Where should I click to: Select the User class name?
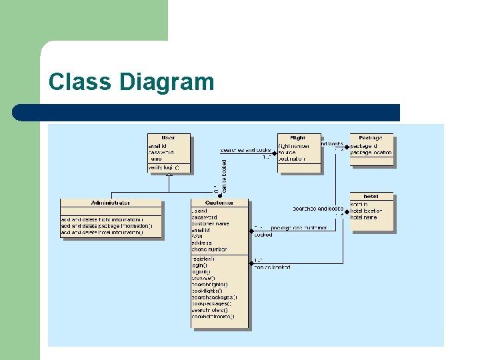[x=168, y=138]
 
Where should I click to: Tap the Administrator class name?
[x=111, y=203]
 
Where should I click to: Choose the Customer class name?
[x=219, y=203]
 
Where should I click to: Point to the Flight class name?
[x=298, y=138]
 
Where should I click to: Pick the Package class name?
[x=371, y=138]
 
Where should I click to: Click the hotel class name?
[x=371, y=197]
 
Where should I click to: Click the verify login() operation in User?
[x=164, y=167]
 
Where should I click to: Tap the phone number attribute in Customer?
[x=209, y=249]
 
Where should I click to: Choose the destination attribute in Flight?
[x=293, y=159]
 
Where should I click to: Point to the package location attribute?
[x=371, y=153]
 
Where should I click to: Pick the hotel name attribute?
[x=364, y=217]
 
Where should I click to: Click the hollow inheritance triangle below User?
[x=169, y=175]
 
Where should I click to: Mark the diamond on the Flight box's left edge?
[x=275, y=151]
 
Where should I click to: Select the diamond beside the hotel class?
[x=347, y=209]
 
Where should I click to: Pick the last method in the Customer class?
[x=213, y=317]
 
